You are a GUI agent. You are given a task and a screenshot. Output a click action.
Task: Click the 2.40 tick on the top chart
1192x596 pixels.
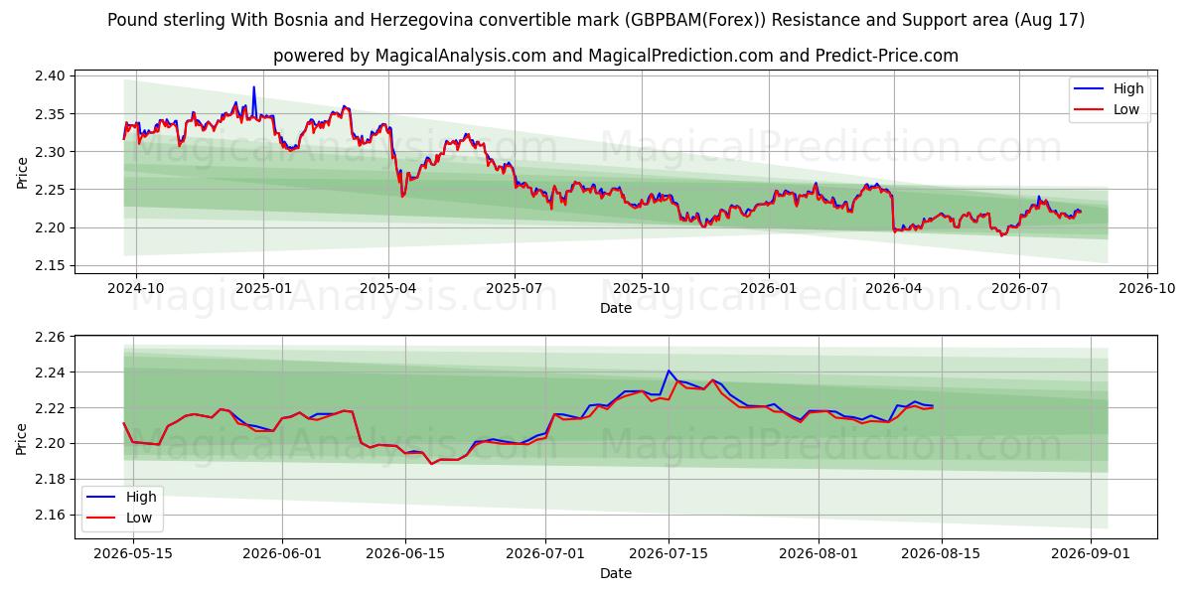tap(50, 76)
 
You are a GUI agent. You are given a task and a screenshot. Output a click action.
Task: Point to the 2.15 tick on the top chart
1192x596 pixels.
tap(50, 265)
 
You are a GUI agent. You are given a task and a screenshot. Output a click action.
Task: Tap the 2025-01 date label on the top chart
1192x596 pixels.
tap(263, 288)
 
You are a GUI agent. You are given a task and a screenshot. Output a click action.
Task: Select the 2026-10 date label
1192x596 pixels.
tap(1146, 288)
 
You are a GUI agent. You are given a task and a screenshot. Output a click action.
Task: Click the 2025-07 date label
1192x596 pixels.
tap(515, 288)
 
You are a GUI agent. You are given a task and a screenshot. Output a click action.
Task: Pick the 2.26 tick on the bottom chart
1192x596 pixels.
tap(50, 337)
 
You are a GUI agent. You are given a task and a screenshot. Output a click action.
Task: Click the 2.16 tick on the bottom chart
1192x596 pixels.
tap(50, 515)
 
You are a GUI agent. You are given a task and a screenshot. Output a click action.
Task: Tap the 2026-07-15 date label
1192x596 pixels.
tap(669, 553)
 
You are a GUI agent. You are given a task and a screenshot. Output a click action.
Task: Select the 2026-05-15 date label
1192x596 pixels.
tap(133, 553)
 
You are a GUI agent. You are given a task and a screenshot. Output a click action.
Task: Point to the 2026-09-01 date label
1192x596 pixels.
tap(1091, 553)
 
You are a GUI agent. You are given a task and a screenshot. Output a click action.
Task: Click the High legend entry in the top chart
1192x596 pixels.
tap(1109, 88)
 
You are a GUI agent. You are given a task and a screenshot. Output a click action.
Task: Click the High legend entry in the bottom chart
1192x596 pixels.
tap(121, 497)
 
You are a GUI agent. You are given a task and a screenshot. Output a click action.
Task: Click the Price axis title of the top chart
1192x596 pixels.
tap(22, 173)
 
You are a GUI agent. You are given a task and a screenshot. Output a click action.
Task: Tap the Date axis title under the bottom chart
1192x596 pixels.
tap(616, 573)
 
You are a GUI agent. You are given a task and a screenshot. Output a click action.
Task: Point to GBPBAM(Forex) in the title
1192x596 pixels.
tap(695, 20)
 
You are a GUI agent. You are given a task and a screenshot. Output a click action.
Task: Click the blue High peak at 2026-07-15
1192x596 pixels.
tap(669, 371)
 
